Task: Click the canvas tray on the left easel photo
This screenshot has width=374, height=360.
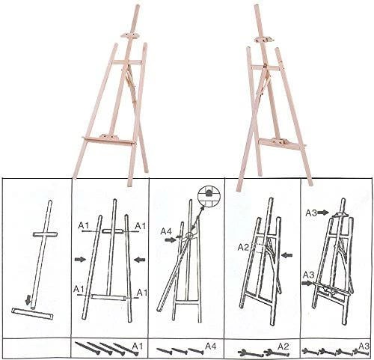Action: click(x=109, y=140)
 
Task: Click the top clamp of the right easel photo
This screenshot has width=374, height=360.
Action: click(x=264, y=39)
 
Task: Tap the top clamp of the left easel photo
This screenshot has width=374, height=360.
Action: click(x=129, y=34)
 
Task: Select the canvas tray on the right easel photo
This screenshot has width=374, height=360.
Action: click(x=282, y=144)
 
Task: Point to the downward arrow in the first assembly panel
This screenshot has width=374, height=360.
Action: click(x=29, y=299)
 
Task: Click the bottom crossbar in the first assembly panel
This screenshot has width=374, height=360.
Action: click(x=32, y=314)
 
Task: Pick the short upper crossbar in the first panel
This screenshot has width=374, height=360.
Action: click(x=45, y=234)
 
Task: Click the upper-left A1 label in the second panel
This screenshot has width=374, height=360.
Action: click(x=84, y=226)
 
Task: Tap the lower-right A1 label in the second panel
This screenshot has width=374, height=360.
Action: click(x=142, y=292)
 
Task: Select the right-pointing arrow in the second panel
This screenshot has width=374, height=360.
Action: click(x=80, y=260)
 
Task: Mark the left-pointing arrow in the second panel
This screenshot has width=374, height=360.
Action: click(x=140, y=260)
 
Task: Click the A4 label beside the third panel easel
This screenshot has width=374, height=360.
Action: click(x=166, y=231)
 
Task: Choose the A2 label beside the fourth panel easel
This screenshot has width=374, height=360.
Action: click(x=244, y=247)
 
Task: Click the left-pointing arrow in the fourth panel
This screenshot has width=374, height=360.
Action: click(x=286, y=255)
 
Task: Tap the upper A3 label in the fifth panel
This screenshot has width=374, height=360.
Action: click(x=312, y=213)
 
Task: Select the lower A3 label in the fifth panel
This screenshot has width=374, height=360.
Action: click(x=309, y=275)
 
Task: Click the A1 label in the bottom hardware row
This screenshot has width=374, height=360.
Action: click(x=138, y=346)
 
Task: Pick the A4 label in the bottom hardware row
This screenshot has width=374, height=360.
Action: click(x=211, y=346)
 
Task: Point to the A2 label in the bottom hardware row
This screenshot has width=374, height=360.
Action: click(x=283, y=347)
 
